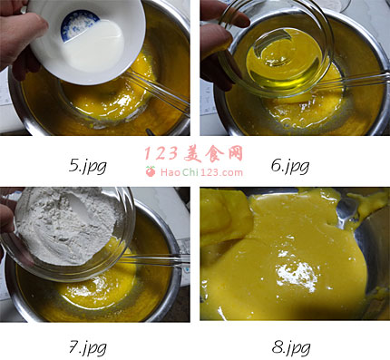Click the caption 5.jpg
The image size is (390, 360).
[88, 166]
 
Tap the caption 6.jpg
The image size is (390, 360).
[290, 166]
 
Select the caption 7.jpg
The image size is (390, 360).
[88, 347]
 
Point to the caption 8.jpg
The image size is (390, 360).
[291, 347]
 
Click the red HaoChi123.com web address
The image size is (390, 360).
[201, 172]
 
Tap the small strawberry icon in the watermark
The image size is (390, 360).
[151, 171]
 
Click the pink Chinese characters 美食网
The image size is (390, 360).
[213, 153]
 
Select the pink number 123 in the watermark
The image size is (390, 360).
[161, 153]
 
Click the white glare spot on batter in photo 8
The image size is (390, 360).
[297, 275]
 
